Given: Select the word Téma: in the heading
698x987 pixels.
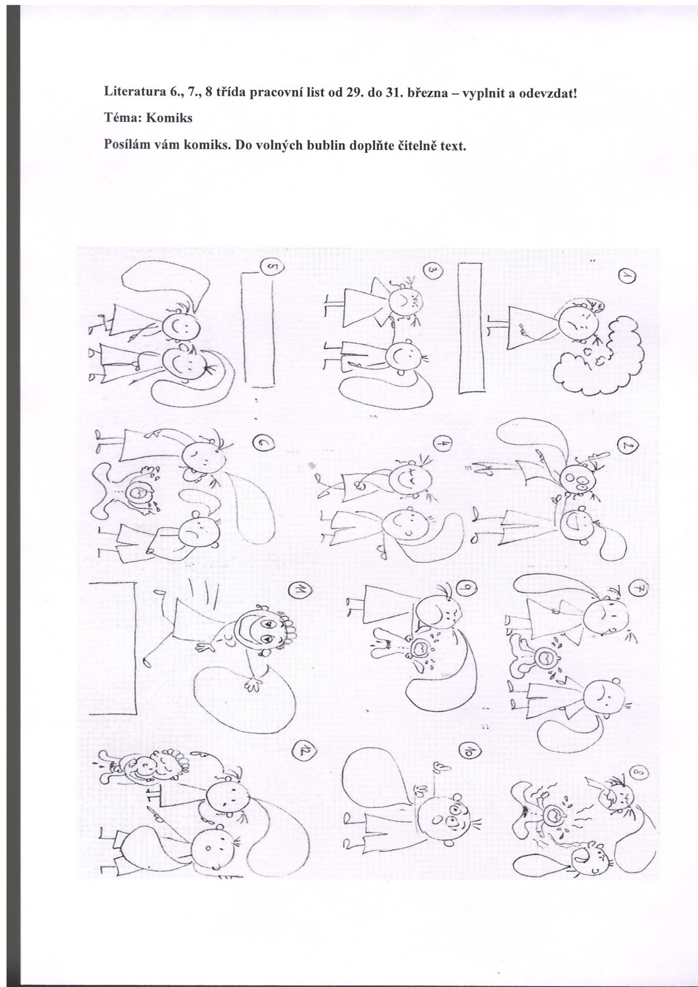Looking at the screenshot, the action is click(x=123, y=118).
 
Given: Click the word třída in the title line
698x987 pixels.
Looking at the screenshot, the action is click(x=234, y=94).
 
